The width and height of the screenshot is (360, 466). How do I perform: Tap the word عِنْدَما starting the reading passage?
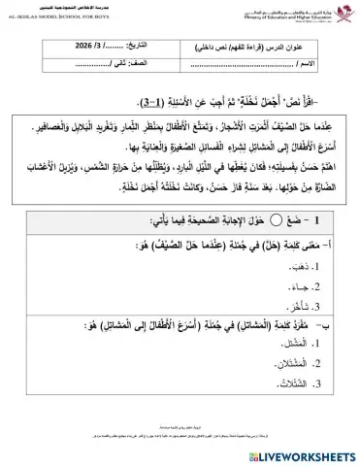[318, 119]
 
